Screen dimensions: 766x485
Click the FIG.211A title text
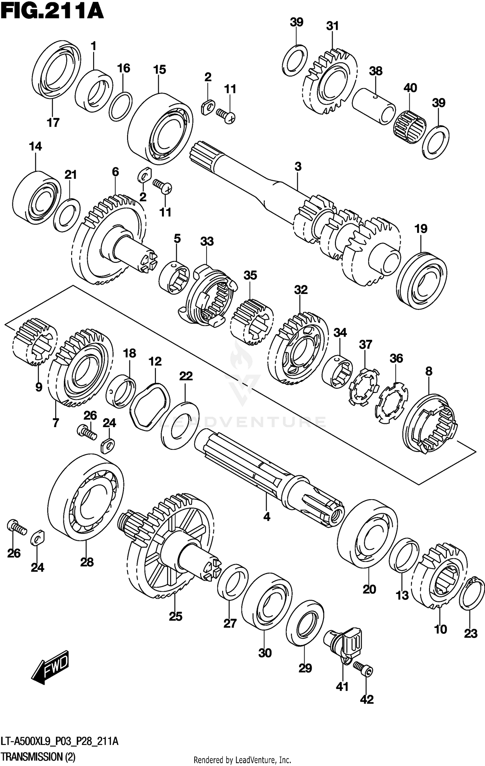tap(52, 12)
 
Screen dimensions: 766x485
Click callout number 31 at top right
tap(332, 26)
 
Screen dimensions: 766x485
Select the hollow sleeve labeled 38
tap(373, 107)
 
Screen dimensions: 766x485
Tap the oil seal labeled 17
tap(57, 69)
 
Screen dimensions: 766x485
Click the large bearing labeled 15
tap(160, 129)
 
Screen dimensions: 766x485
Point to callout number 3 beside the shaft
tap(298, 167)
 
